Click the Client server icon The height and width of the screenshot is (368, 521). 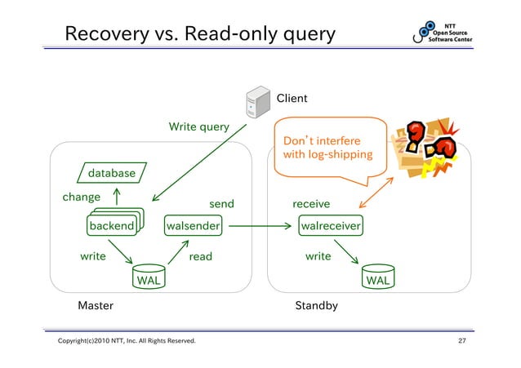(258, 102)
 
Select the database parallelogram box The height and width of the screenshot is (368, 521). (112, 173)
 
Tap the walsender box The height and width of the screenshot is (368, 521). (193, 225)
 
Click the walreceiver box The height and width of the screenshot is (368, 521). (331, 225)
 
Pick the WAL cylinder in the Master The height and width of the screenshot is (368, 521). (149, 277)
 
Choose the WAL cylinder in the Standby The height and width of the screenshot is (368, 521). (378, 277)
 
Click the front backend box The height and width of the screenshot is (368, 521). (112, 225)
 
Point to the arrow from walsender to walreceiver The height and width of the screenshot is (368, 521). (260, 226)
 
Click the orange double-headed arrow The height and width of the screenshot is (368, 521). (376, 193)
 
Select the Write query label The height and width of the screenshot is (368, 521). (199, 126)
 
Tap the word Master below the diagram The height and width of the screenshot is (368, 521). (96, 305)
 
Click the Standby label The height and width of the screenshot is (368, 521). (316, 305)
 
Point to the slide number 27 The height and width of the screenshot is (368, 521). (462, 340)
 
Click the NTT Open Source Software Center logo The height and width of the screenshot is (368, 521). (443, 32)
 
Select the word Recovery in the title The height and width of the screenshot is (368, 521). (107, 34)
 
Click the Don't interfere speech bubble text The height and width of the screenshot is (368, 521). (327, 148)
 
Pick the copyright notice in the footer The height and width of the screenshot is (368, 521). (127, 340)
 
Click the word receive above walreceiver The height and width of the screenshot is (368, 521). (311, 204)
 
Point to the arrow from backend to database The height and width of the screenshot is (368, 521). (117, 197)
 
